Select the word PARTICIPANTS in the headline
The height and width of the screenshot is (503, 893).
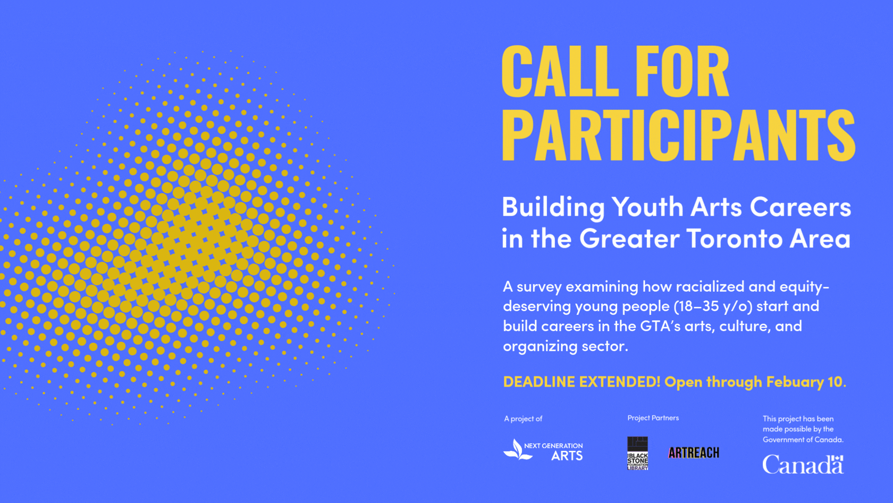678,135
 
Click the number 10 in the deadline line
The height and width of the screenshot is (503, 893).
835,382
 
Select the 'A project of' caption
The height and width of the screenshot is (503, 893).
523,419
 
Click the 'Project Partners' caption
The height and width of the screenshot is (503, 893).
653,418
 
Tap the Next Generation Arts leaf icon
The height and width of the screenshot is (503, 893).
516,450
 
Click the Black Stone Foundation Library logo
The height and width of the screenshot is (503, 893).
637,453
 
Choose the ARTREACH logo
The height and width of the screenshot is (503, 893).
694,453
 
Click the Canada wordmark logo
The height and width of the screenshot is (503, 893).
803,465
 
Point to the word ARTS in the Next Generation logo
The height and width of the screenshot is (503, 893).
567,456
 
